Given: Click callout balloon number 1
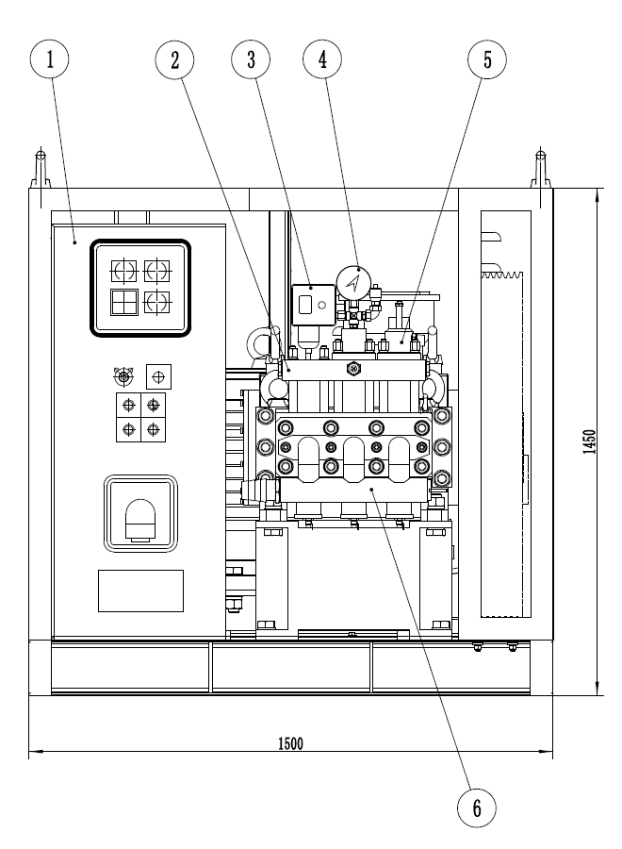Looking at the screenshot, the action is pyautogui.click(x=49, y=59).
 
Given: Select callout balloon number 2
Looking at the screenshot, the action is pyautogui.click(x=174, y=59).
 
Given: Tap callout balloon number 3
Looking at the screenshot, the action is pyautogui.click(x=251, y=59).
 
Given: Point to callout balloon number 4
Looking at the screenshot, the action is pyautogui.click(x=323, y=59).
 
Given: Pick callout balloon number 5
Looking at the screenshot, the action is pyautogui.click(x=487, y=59).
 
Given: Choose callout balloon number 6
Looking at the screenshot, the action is pyautogui.click(x=477, y=807).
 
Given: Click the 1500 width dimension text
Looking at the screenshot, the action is pyautogui.click(x=290, y=743).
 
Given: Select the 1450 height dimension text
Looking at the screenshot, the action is pyautogui.click(x=589, y=441).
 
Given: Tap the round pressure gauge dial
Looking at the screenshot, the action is pyautogui.click(x=353, y=281).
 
